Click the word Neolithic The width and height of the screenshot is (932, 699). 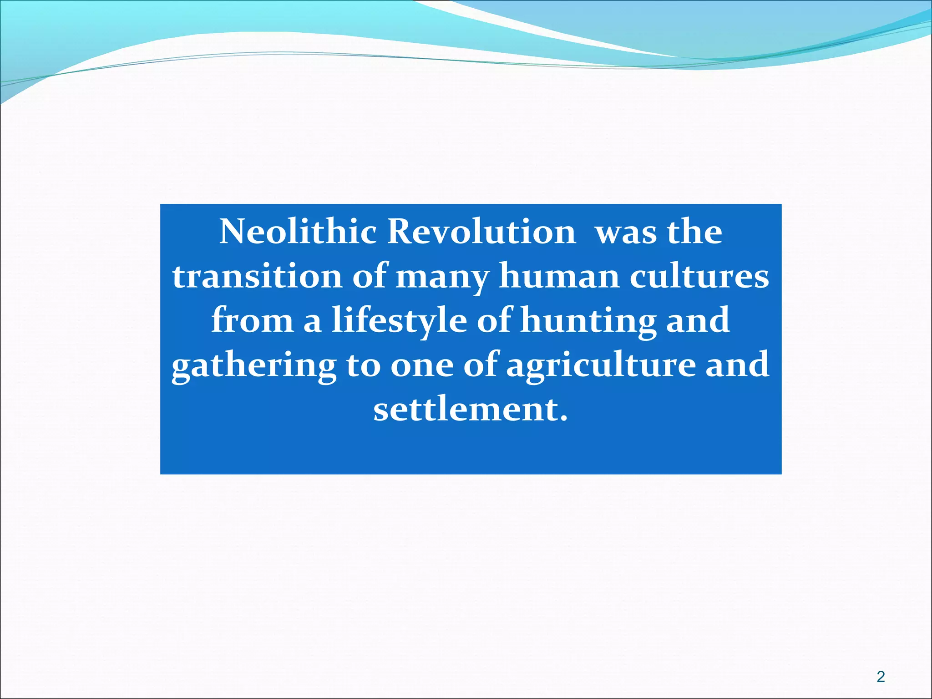298,232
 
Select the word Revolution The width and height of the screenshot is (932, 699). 481,232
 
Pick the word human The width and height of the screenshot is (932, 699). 559,276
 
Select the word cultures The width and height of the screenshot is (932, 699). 699,276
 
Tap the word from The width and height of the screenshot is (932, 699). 253,320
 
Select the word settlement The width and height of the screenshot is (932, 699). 471,409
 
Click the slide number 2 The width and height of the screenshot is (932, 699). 881,677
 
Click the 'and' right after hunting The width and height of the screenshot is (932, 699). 698,320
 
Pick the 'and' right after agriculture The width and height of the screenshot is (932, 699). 737,365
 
